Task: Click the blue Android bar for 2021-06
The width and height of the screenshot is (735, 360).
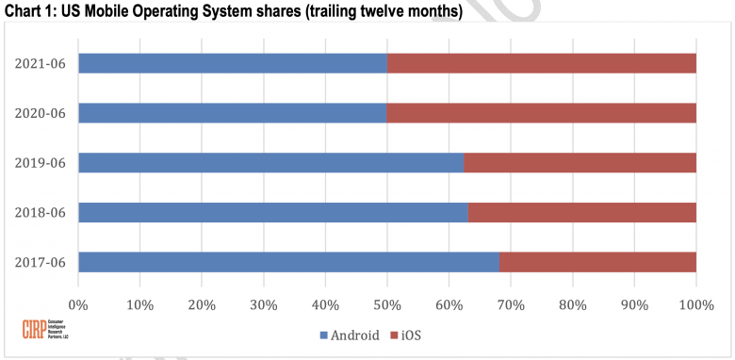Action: tap(233, 63)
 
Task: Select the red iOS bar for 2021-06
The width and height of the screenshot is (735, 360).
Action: tap(542, 63)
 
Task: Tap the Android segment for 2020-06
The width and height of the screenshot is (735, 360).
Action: tap(232, 113)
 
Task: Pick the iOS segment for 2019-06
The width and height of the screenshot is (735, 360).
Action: tap(580, 162)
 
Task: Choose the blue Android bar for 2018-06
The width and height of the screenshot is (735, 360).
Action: tap(273, 212)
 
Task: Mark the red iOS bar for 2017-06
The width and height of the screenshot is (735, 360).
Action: tap(597, 262)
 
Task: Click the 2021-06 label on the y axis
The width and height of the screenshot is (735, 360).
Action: tap(40, 63)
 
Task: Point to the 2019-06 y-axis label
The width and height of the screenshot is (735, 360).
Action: tap(40, 162)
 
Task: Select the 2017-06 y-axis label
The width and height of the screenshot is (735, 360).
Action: tap(40, 262)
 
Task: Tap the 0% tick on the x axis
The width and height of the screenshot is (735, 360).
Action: tap(78, 304)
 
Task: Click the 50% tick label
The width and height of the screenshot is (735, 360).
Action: tap(387, 304)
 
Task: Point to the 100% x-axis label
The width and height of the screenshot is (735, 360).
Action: tap(696, 304)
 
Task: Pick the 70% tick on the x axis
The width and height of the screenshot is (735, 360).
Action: tap(511, 304)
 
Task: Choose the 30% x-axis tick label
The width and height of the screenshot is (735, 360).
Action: tap(264, 304)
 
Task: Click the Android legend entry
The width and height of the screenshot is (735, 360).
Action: tap(350, 334)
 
